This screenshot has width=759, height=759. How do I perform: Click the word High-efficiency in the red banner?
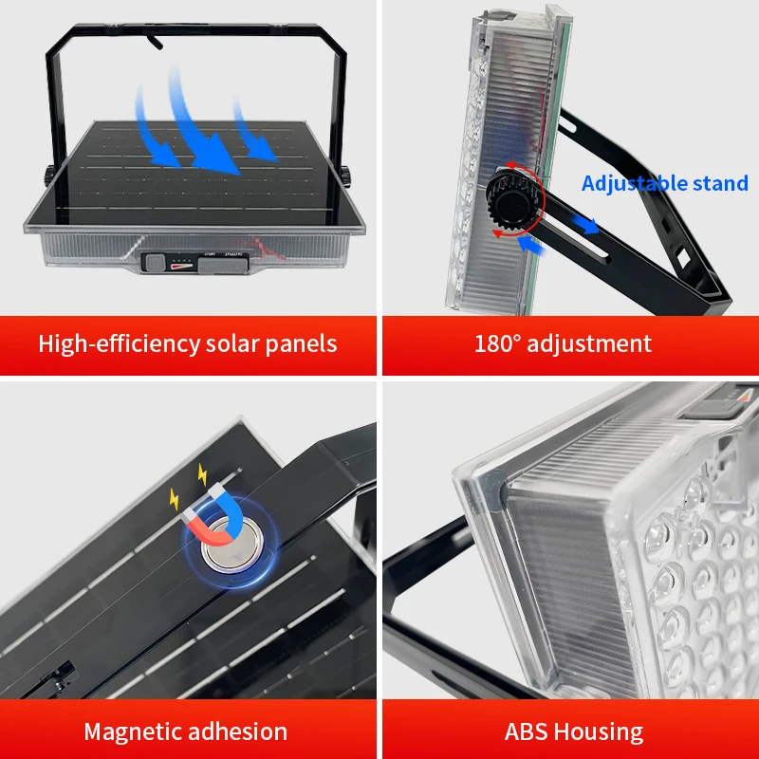pyautogui.click(x=120, y=344)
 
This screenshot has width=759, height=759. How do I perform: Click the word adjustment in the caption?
pyautogui.click(x=589, y=344)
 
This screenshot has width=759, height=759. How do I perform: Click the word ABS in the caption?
pyautogui.click(x=527, y=731)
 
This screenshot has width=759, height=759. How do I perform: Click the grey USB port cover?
pyautogui.click(x=223, y=266)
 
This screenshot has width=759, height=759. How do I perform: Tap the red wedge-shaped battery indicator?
pyautogui.click(x=181, y=266)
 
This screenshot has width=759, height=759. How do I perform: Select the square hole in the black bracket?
pyautogui.click(x=682, y=257)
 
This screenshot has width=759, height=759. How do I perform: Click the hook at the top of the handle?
pyautogui.click(x=155, y=41)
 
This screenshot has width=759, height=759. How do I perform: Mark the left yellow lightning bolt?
pyautogui.click(x=175, y=500)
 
